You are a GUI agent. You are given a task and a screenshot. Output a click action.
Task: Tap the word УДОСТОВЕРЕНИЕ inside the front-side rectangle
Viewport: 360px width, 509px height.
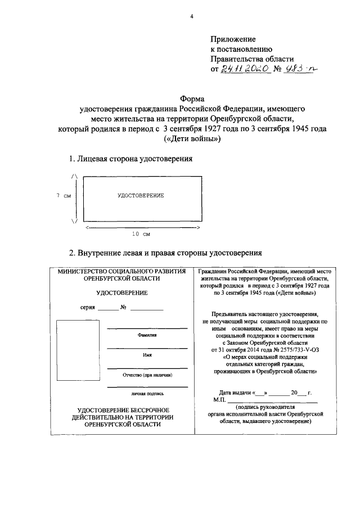[140, 195]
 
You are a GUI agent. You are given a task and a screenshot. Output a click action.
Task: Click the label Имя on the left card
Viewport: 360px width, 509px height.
[147, 354]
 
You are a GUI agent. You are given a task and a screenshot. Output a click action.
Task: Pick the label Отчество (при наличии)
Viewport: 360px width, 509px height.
[147, 375]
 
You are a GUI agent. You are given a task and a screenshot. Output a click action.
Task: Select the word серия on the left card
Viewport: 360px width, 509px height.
[88, 308]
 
